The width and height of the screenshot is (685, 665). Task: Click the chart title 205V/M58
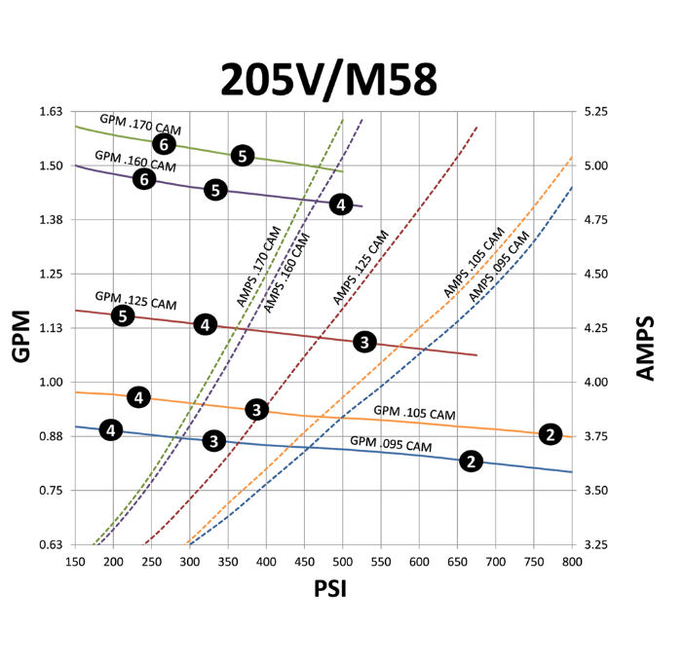click(327, 80)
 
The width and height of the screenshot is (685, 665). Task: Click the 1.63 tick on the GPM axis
click(49, 112)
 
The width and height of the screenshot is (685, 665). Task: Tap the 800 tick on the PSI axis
click(572, 562)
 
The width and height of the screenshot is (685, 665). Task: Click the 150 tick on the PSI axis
click(75, 562)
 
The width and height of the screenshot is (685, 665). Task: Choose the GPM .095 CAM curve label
click(391, 446)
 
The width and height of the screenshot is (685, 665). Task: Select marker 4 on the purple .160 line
click(340, 203)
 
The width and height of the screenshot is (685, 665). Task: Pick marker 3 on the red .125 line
click(364, 342)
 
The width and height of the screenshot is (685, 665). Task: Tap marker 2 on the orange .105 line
click(551, 434)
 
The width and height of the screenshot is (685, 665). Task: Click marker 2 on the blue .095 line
click(471, 462)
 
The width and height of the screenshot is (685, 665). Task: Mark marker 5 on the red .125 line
click(122, 315)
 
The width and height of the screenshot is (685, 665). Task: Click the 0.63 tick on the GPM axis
click(49, 544)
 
